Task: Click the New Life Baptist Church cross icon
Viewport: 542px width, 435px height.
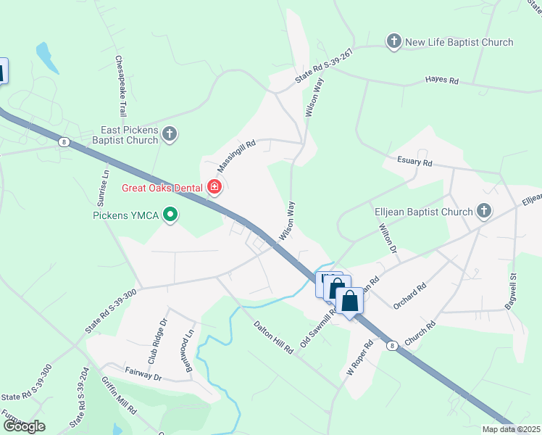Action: pos(393,41)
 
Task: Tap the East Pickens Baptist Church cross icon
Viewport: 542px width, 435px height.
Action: pos(169,133)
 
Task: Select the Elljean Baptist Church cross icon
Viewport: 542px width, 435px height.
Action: pos(484,212)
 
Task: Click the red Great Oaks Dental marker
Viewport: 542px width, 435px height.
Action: pos(214,188)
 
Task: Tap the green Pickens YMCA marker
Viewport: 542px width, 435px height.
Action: pos(170,215)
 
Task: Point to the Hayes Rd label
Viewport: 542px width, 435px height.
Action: pos(442,80)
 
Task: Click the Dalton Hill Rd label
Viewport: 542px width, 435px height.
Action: pos(272,339)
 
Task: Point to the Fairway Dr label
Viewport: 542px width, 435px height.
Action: pos(142,376)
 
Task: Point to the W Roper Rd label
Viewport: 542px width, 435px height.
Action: pos(359,358)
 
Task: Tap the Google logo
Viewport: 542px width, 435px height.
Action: pos(23,426)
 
